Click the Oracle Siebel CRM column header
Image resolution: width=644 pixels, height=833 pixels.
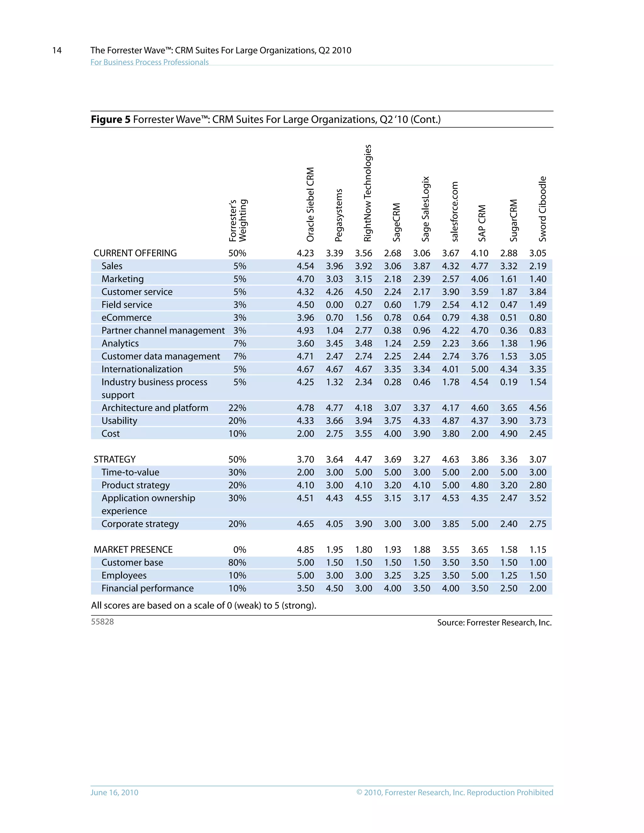pos(310,204)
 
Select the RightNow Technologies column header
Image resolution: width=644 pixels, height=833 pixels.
pos(367,193)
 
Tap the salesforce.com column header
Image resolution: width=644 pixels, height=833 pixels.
pos(454,211)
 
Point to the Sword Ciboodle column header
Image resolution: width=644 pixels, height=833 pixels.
pos(542,209)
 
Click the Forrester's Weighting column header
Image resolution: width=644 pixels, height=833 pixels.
pos(238,220)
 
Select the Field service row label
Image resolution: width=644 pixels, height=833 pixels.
pos(127,305)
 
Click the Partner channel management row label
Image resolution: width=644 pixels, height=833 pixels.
pos(163,331)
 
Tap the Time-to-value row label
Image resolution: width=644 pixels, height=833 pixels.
pos(130,472)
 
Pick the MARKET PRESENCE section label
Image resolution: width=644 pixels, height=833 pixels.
pos(133,549)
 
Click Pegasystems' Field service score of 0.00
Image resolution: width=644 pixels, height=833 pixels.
pos(334,305)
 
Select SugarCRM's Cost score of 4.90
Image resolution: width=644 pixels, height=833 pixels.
pos(508,434)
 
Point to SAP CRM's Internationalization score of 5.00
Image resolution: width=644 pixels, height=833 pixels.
pos(480,369)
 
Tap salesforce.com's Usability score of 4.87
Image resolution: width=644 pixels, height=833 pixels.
pos(451,421)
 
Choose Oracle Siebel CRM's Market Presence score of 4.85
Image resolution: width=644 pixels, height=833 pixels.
pos(305,549)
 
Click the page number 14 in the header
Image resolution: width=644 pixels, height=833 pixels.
pos(57,50)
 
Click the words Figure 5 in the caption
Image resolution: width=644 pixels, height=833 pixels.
pos(110,119)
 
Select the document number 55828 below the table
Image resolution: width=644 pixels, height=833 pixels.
pos(102,622)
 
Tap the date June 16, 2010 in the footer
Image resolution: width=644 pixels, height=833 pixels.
pos(114,792)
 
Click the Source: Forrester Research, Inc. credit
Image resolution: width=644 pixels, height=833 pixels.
pos(494,623)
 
